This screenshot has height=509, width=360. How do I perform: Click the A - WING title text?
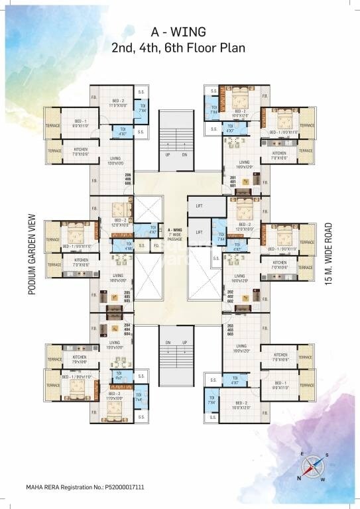180,31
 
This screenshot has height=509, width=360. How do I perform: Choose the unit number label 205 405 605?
129,296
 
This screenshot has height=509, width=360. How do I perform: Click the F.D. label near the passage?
156,246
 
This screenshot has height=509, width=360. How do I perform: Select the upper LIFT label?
199,206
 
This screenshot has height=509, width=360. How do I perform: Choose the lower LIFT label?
199,233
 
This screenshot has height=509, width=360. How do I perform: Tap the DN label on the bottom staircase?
169,342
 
